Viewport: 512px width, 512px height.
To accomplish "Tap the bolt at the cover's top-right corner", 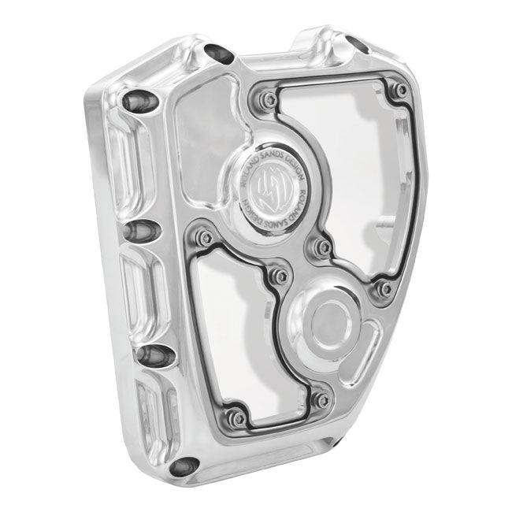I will pos(402,91).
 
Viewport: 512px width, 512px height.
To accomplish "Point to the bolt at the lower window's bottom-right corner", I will pos(320,400).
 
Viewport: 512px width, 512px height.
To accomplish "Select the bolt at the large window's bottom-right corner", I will pos(384,289).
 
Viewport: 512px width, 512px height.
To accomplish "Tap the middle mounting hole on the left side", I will pos(140,230).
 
